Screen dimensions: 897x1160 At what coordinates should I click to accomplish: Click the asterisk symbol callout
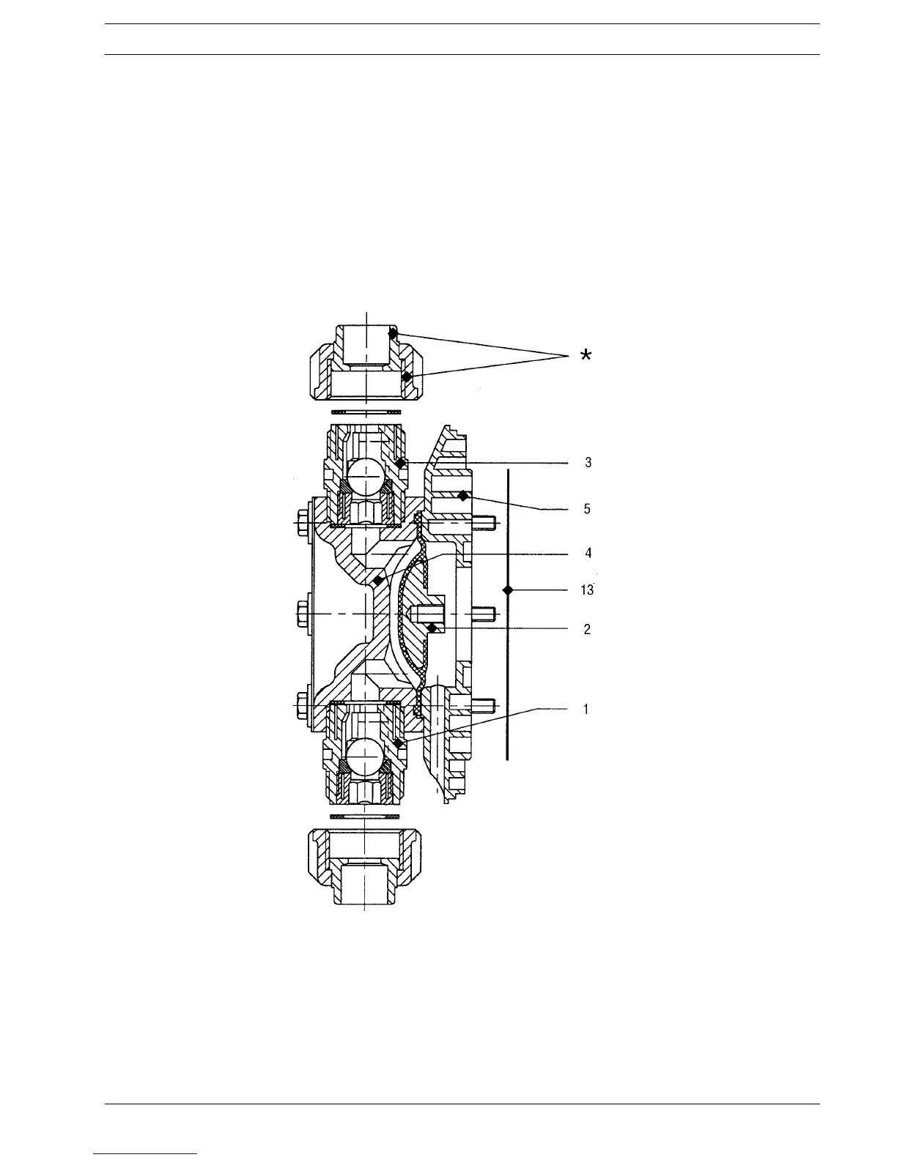click(586, 354)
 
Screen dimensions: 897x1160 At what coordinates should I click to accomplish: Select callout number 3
click(588, 462)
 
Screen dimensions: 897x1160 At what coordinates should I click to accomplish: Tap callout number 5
click(587, 509)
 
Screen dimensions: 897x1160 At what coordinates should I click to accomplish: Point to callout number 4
click(588, 553)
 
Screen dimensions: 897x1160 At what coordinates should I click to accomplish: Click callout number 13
click(586, 590)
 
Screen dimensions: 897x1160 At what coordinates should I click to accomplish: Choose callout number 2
click(587, 629)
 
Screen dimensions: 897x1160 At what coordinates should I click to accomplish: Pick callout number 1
click(586, 710)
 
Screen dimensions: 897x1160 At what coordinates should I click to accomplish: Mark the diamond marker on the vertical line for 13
click(508, 590)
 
